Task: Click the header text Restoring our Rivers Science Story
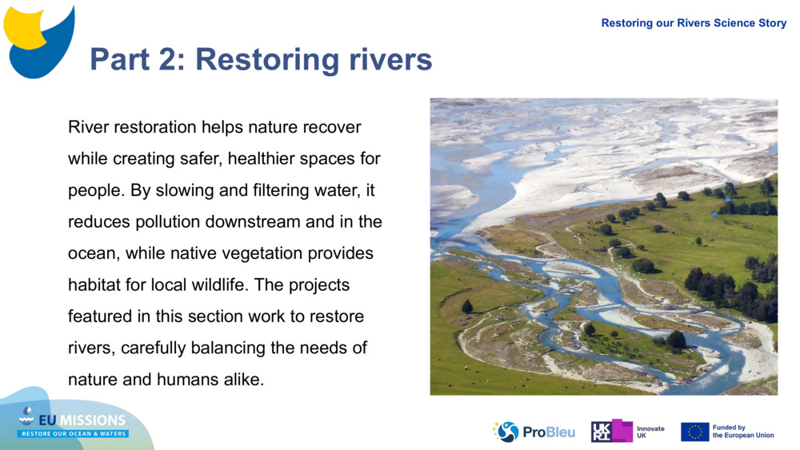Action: click(x=694, y=23)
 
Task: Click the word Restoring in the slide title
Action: click(x=268, y=61)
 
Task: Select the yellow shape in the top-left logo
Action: click(x=25, y=28)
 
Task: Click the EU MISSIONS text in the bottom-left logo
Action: click(x=82, y=420)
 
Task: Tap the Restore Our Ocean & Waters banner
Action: click(x=73, y=434)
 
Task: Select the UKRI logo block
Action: click(x=612, y=431)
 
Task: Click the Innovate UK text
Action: click(x=650, y=432)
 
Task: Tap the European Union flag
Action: click(x=694, y=432)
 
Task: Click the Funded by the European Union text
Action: click(x=743, y=432)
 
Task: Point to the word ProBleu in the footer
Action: click(x=549, y=432)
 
